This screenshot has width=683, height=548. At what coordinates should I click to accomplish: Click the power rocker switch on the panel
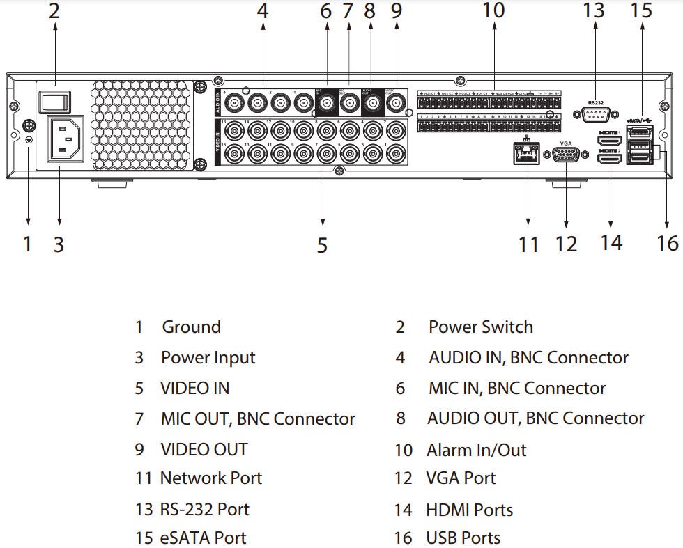[x=54, y=100]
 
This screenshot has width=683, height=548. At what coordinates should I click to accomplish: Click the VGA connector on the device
[x=566, y=155]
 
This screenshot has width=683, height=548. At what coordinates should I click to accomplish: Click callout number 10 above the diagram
[x=493, y=10]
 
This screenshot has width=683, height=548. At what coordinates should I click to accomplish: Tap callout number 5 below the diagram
[x=322, y=245]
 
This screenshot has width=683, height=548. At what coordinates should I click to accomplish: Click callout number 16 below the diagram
[x=667, y=243]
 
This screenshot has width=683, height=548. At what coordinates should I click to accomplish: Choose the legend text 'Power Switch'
[x=480, y=327]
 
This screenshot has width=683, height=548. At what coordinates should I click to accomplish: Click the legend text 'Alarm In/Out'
[x=477, y=450]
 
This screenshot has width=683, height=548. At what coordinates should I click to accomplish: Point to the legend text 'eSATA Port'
[x=203, y=538]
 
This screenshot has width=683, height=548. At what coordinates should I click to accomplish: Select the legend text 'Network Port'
[x=211, y=478]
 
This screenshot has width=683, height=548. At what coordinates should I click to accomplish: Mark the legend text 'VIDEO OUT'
[x=204, y=450]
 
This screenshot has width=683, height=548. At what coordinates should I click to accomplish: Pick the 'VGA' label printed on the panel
[x=566, y=143]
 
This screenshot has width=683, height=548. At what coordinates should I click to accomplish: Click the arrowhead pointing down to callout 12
[x=566, y=224]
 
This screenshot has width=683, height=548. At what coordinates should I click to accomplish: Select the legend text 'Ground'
[x=191, y=327]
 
